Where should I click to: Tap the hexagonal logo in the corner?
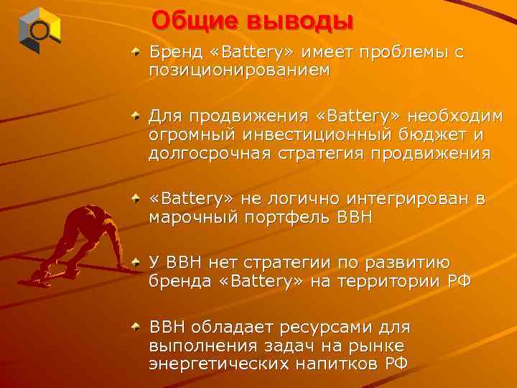pyautogui.click(x=39, y=30)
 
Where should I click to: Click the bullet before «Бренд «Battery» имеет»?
pyautogui.click(x=136, y=53)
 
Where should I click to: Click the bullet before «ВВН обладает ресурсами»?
pyautogui.click(x=136, y=327)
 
